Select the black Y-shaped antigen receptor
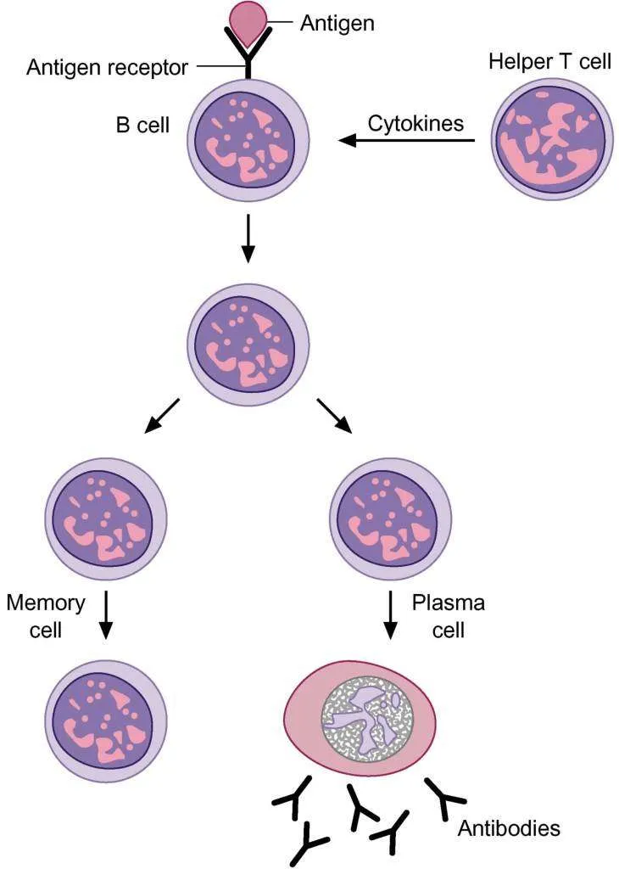(248, 59)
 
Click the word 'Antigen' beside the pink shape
(337, 23)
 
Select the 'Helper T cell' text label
(549, 63)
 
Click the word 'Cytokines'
(415, 122)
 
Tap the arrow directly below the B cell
(248, 239)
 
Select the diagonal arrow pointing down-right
(334, 415)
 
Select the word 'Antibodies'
(509, 827)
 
